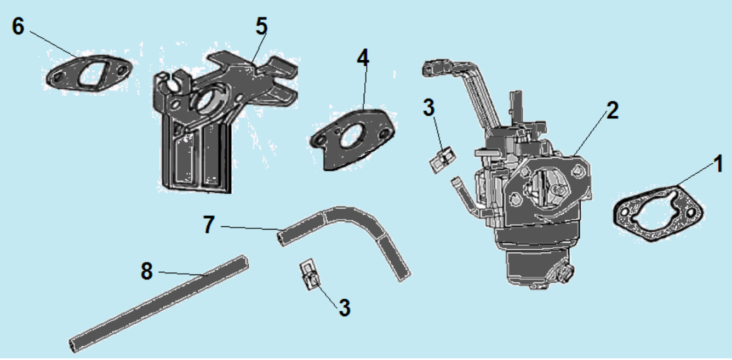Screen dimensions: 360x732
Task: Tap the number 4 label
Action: [x=363, y=58]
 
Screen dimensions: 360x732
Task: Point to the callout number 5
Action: [x=262, y=25]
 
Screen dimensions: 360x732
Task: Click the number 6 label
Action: [x=18, y=26]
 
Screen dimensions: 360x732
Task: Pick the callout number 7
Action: [x=208, y=225]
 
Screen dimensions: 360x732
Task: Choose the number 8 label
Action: [x=146, y=271]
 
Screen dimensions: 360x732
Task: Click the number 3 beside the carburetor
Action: [x=430, y=107]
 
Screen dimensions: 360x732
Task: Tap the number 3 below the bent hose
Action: [x=344, y=307]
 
